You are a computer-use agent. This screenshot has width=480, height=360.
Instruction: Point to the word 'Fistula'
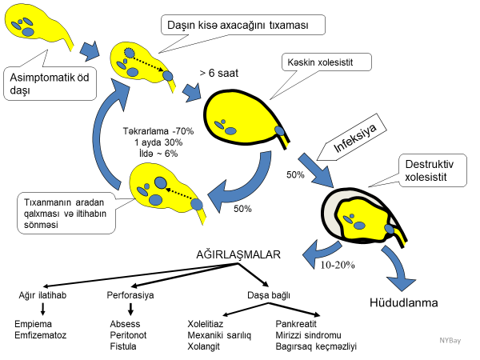[123, 346]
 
